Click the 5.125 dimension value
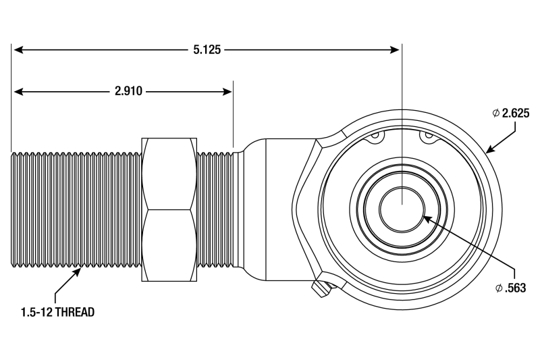tap(207, 49)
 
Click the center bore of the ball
tap(401, 207)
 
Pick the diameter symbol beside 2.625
tap(497, 113)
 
